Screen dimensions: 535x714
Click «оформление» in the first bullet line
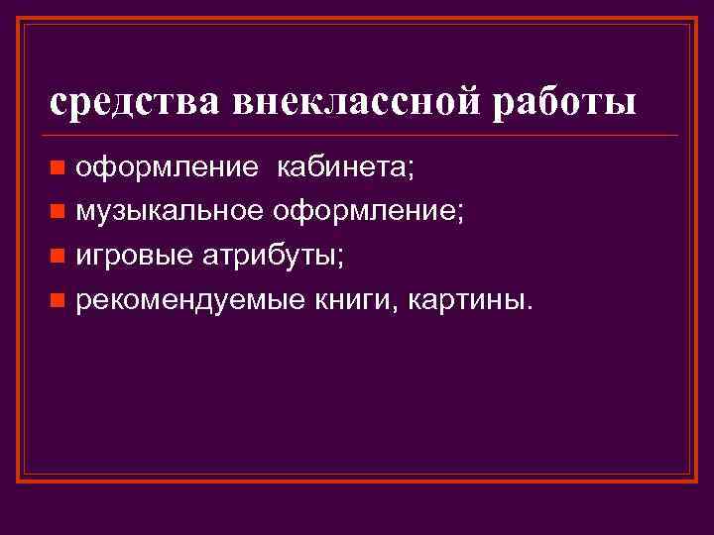tap(156, 166)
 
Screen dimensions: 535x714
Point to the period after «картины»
tap(528, 307)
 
